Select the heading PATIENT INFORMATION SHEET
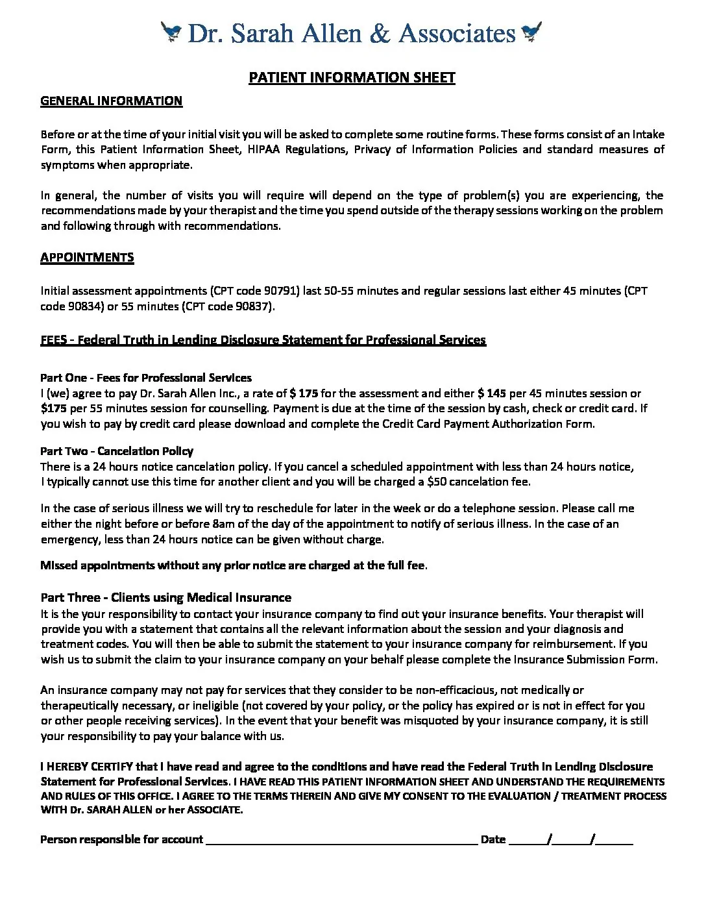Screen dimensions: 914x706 coord(352,78)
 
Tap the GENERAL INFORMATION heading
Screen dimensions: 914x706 coord(111,101)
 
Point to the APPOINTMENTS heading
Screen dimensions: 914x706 coord(87,257)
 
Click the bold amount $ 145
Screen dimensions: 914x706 coord(492,393)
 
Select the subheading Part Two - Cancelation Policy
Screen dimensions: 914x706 coord(117,451)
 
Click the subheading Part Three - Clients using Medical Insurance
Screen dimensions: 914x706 coord(165,597)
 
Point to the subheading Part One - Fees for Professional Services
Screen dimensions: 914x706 coord(146,377)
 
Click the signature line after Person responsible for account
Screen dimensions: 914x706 coord(341,840)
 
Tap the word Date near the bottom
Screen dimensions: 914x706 coord(493,839)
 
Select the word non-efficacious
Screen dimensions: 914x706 coord(441,689)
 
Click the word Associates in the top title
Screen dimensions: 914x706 coord(457,32)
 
